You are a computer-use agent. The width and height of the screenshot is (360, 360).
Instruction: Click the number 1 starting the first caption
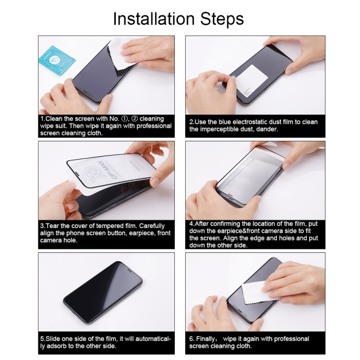tap(42, 119)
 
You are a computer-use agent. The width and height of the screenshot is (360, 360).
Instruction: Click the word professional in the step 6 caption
tap(291, 339)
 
